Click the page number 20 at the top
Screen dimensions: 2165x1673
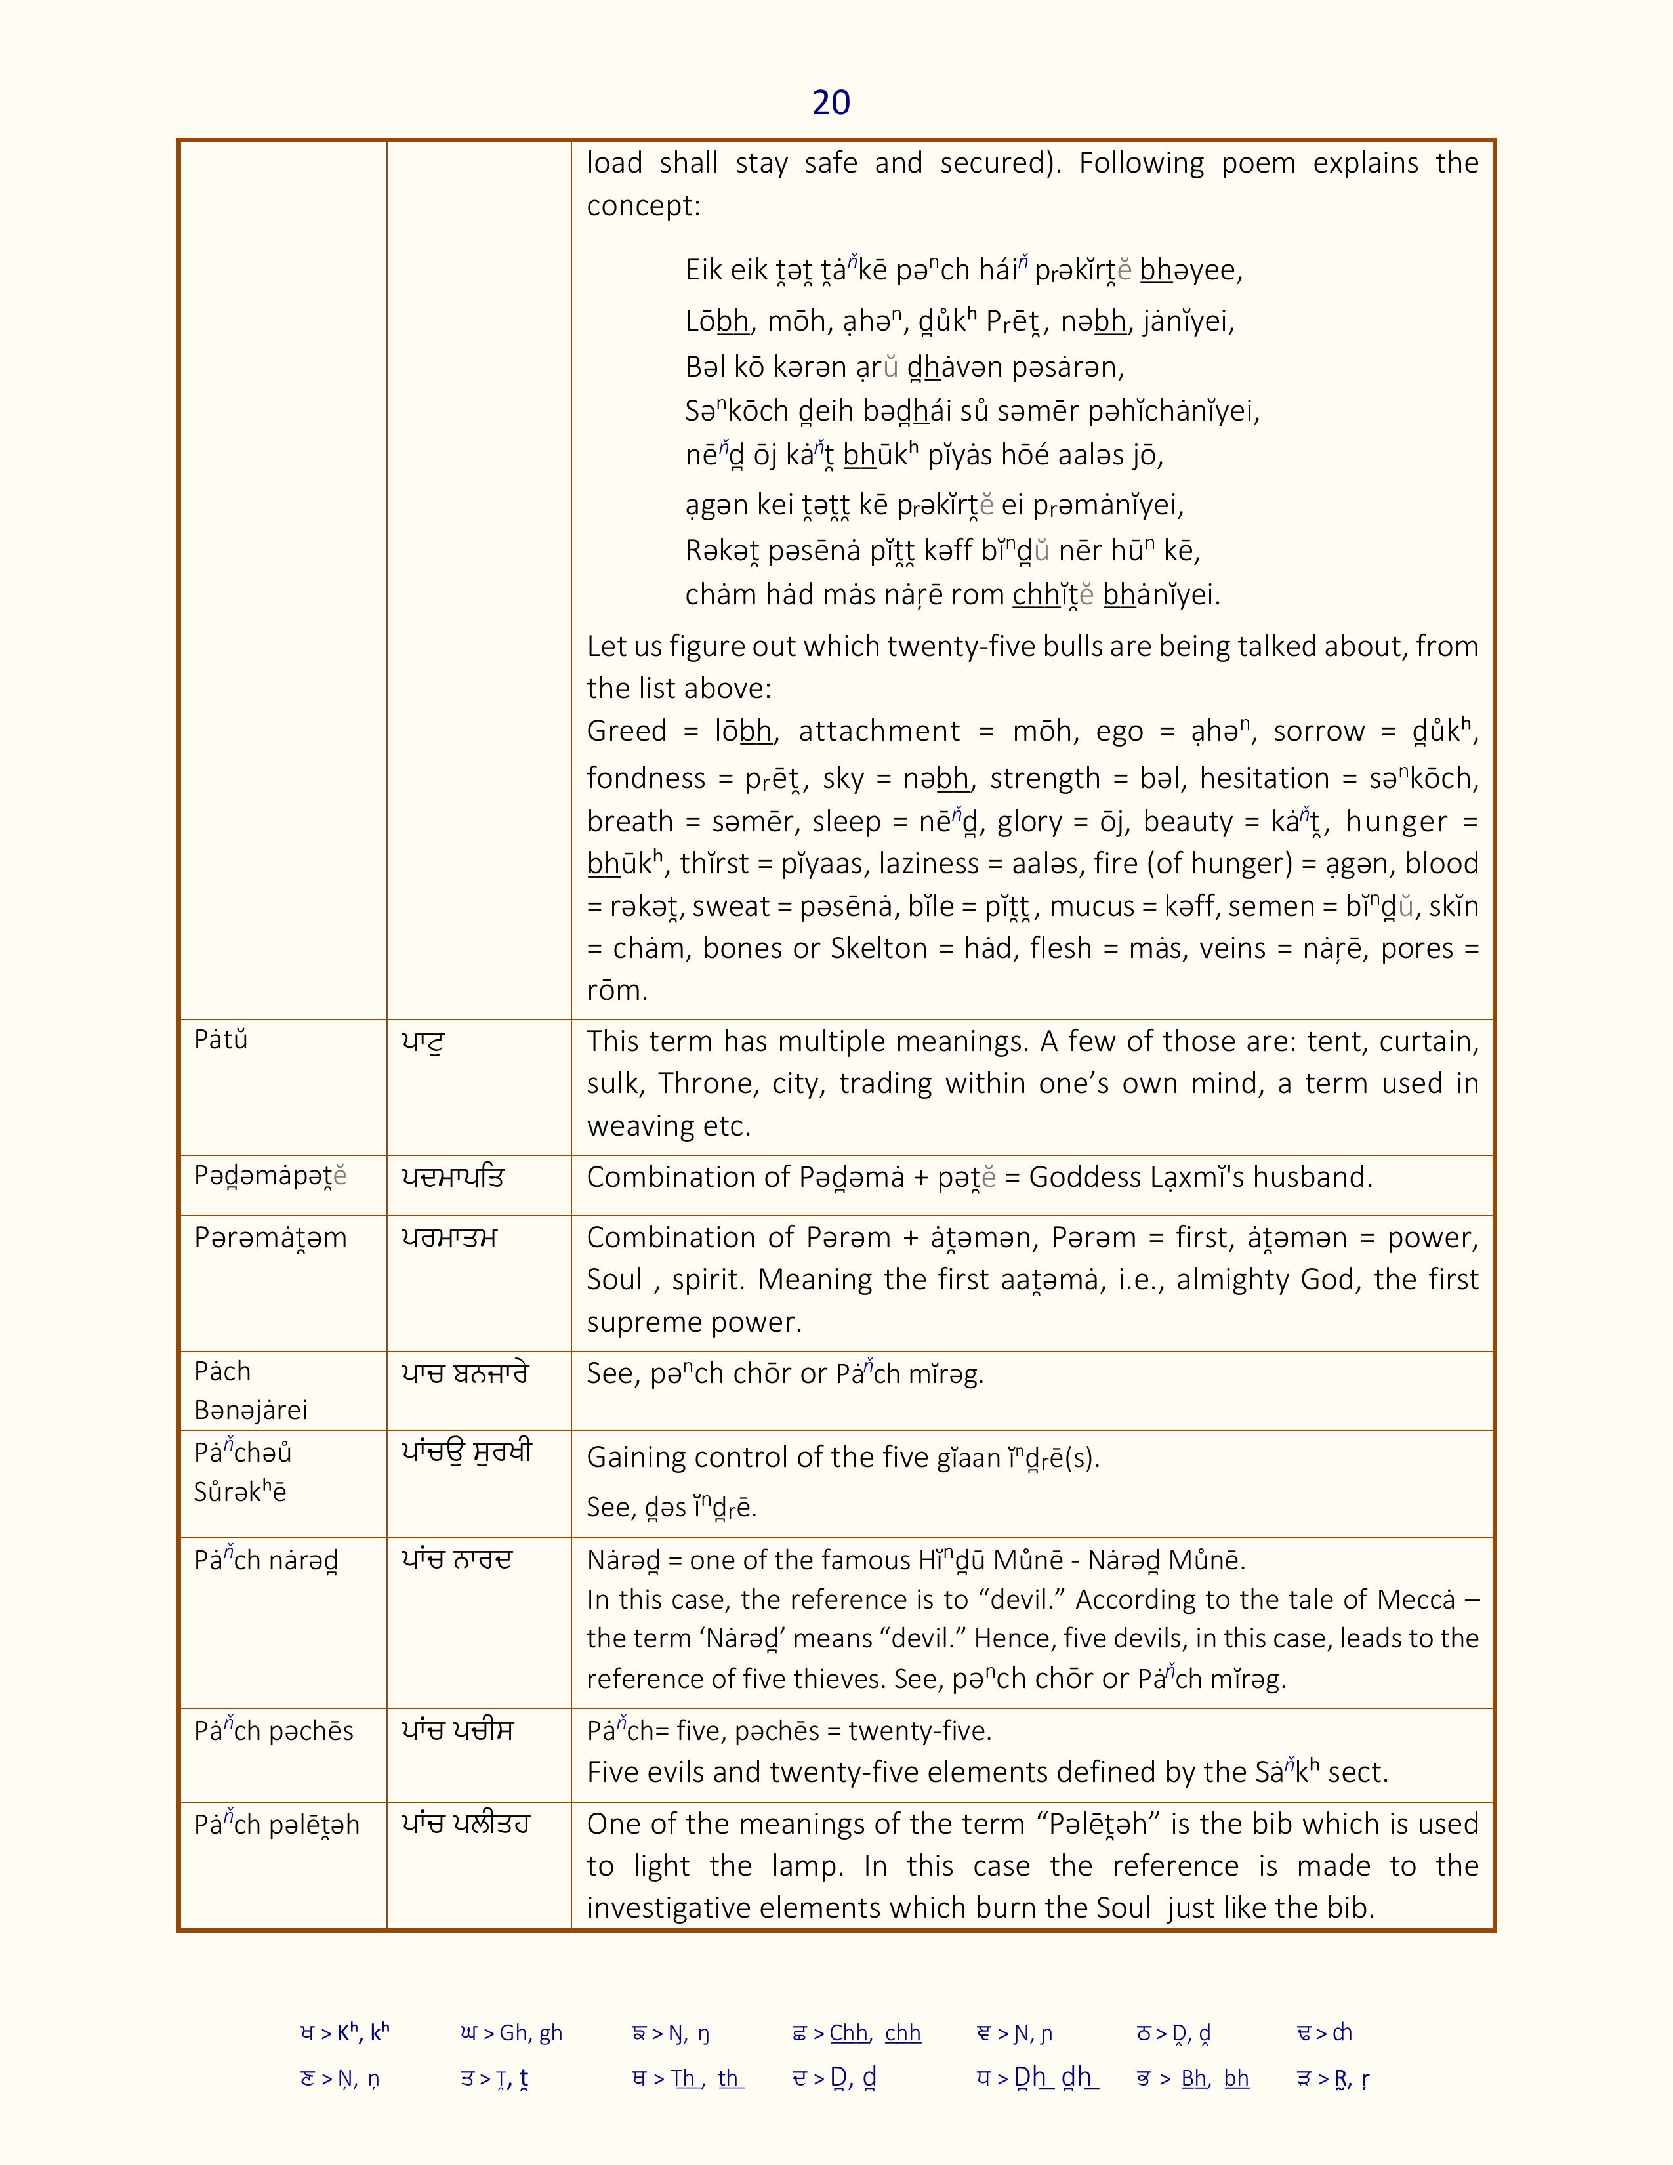(x=831, y=102)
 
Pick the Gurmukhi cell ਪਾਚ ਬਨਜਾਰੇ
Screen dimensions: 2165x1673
(x=465, y=1373)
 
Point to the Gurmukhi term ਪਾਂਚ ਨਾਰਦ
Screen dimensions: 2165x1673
(x=457, y=1560)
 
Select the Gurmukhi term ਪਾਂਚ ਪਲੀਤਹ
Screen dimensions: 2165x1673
(x=466, y=1824)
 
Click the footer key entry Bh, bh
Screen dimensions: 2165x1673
(x=1214, y=2079)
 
